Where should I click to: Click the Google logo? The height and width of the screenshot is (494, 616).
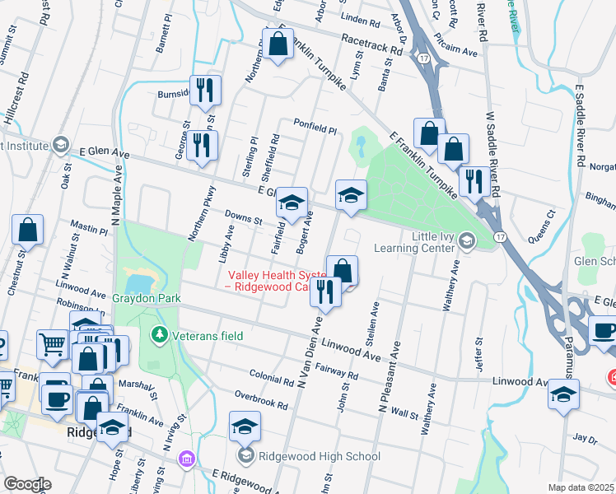point(27,484)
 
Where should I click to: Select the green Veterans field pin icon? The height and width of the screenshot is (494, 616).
point(159,335)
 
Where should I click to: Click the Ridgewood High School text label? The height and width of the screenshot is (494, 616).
point(319,456)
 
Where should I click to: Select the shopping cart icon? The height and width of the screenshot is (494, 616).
point(52,345)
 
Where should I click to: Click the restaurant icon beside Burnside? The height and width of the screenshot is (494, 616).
point(203,89)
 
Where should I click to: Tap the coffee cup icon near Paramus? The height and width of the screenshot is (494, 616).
point(603,331)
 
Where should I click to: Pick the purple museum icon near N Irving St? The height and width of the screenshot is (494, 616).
point(187,458)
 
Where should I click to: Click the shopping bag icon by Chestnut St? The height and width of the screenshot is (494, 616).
point(27,231)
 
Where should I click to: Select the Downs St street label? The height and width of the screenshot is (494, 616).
point(245,217)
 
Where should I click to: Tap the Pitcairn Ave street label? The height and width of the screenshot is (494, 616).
point(458,51)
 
